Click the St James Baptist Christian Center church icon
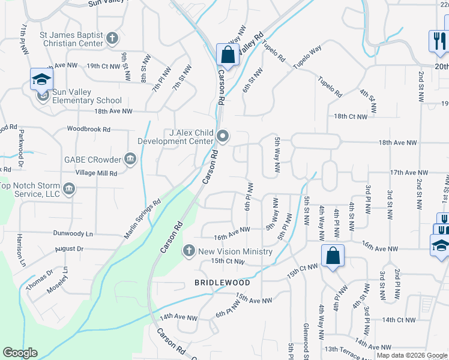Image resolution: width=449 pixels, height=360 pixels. pos(112,40)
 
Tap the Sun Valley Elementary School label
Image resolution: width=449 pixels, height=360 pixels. pos(79,101)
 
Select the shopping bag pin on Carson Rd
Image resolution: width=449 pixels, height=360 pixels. pos(228,55)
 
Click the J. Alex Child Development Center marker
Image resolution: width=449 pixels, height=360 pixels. pos(223,137)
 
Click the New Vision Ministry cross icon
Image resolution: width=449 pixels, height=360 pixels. pos(188,251)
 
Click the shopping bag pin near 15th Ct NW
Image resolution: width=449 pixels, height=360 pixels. pos(333,256)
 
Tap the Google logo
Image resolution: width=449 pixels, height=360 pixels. pos(20,353)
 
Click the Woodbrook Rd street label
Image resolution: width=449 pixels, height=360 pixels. pos(89,129)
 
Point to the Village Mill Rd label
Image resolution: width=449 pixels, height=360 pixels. pos(96,172)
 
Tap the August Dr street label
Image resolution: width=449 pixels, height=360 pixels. pos(69,248)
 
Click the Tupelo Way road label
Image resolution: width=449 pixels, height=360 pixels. pos(307,59)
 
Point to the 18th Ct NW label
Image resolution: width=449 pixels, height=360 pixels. pos(350,116)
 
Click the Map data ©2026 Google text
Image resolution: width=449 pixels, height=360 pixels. pos(412,355)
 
